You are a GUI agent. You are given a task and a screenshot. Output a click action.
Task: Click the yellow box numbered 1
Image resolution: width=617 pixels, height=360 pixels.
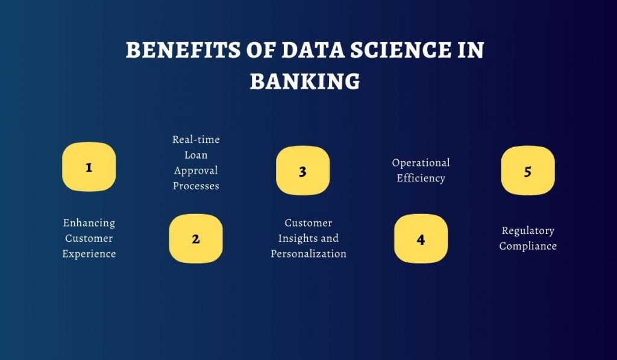[89, 167]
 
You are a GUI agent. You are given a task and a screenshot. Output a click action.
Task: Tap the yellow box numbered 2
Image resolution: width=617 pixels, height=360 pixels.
[196, 238]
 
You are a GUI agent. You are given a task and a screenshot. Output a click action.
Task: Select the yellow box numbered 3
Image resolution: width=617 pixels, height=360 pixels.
[302, 171]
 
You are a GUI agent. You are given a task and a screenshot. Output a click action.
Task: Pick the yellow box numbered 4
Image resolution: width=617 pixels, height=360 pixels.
[421, 239]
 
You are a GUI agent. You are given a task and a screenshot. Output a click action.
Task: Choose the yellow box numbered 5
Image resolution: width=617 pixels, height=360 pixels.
[528, 171]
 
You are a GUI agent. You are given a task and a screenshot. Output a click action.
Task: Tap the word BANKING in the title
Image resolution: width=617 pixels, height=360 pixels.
[305, 81]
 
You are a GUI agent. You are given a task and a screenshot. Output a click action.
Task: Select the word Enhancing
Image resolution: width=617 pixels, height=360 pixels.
[89, 223]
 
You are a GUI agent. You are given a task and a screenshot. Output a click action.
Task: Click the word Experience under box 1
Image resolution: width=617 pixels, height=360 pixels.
[89, 254]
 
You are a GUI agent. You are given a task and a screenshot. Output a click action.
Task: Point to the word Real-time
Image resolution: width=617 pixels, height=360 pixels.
[196, 140]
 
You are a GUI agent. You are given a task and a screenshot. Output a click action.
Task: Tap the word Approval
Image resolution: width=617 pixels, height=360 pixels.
[196, 171]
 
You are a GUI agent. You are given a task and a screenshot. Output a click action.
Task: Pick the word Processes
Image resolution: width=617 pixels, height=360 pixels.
[196, 186]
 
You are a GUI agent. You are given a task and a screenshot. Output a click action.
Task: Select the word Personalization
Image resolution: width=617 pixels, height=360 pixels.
[308, 254]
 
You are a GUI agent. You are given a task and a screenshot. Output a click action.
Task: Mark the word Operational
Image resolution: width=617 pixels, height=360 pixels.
[421, 163]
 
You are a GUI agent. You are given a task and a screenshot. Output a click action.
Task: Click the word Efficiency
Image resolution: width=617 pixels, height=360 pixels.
[421, 178]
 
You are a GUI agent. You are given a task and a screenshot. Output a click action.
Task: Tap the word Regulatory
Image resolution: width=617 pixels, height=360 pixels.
[528, 231]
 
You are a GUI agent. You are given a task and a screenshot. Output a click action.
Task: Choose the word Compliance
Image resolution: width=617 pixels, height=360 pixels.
[528, 246]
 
